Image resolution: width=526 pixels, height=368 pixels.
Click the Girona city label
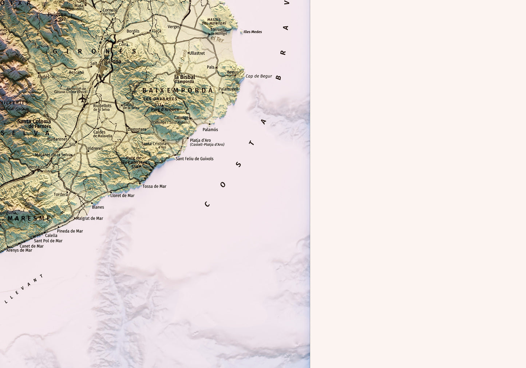[x=113, y=61]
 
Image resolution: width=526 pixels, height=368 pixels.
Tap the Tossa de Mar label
[x=154, y=186]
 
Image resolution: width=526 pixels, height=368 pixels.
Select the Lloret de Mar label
[x=122, y=196]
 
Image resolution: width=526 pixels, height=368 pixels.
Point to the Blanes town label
[x=98, y=207]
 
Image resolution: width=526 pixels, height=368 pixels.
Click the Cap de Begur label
[x=259, y=76]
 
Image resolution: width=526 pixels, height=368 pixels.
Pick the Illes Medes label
[x=253, y=32]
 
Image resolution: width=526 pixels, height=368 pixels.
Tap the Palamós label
[x=210, y=129]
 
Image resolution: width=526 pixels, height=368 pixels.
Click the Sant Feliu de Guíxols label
[x=194, y=159]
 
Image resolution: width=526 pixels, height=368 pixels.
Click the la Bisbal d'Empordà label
[x=185, y=79]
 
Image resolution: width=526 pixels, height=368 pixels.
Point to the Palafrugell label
[x=228, y=89]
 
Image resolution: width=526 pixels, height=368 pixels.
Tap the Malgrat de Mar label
[x=90, y=219]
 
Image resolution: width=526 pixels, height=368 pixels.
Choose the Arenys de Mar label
[x=19, y=250]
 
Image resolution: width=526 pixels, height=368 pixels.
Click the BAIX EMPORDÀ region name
[x=177, y=90]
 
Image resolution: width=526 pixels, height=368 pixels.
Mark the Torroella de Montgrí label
[x=218, y=31]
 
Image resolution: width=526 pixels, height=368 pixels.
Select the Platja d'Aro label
[x=200, y=140]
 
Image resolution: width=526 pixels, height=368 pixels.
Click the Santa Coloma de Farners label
[x=34, y=124]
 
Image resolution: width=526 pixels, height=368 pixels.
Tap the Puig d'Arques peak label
[x=165, y=109]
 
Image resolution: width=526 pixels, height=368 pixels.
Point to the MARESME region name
[x=29, y=219]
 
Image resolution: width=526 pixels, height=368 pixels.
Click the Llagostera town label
[x=137, y=129]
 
